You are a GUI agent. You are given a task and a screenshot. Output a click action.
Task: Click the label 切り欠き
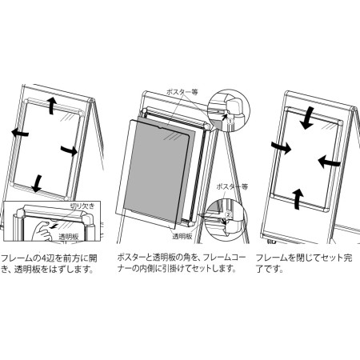pyautogui.click(x=82, y=206)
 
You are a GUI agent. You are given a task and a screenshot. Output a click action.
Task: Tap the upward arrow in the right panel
pyautogui.click(x=298, y=197)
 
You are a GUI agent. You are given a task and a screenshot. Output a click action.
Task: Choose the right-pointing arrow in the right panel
pyautogui.click(x=279, y=147)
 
